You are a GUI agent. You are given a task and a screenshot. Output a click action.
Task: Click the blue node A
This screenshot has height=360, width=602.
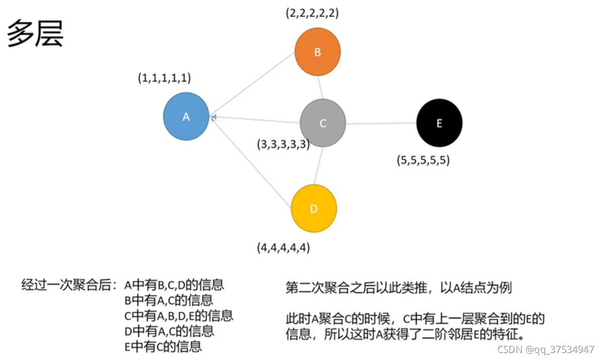(x=186, y=116)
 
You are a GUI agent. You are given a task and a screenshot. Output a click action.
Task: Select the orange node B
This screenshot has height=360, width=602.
(x=317, y=51)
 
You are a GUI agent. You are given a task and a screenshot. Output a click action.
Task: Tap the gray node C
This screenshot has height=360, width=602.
(x=322, y=123)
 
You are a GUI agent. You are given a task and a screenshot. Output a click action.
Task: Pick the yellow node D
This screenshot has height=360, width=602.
(x=313, y=208)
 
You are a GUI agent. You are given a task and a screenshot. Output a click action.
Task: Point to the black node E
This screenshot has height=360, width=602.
(x=439, y=123)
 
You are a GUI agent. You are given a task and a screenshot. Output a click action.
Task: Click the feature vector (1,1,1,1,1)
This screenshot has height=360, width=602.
(x=164, y=78)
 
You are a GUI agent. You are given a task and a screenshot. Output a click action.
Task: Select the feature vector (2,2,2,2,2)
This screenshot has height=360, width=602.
(x=312, y=13)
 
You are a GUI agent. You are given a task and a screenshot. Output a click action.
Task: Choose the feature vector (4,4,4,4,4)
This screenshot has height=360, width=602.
(x=283, y=248)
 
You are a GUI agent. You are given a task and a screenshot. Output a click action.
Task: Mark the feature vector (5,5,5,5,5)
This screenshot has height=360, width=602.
(x=423, y=161)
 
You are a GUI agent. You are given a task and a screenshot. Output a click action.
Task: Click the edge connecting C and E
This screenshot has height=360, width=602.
(x=381, y=123)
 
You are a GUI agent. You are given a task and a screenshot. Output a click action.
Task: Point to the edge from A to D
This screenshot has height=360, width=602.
(x=250, y=162)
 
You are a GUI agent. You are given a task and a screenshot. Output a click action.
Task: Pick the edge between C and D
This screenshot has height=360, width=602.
(x=318, y=166)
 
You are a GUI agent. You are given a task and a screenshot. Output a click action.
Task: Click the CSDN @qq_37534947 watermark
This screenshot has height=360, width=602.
(x=546, y=349)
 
